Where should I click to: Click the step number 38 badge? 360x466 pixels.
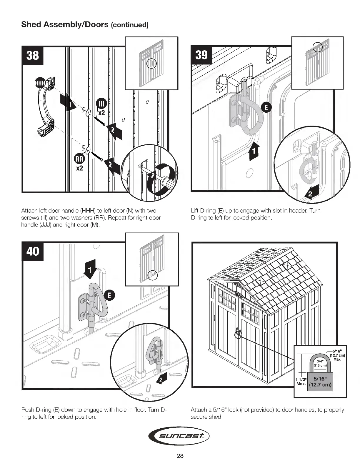[x=32, y=55]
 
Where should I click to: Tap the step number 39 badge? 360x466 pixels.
[x=201, y=55]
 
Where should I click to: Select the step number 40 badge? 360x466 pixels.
[x=32, y=252]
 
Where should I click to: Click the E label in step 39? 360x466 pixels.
[x=266, y=108]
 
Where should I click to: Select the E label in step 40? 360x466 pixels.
[x=109, y=295]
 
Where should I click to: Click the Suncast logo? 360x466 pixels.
[x=180, y=436]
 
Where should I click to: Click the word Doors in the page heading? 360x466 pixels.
[x=95, y=24]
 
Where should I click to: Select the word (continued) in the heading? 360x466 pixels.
[x=129, y=25]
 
